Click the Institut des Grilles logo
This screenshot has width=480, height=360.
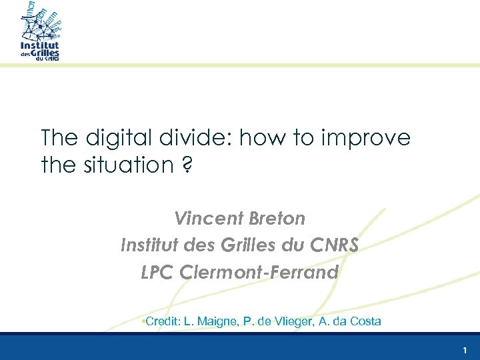pos(41,32)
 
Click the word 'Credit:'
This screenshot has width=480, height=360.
pos(162,321)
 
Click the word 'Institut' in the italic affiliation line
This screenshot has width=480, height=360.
pos(143,245)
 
